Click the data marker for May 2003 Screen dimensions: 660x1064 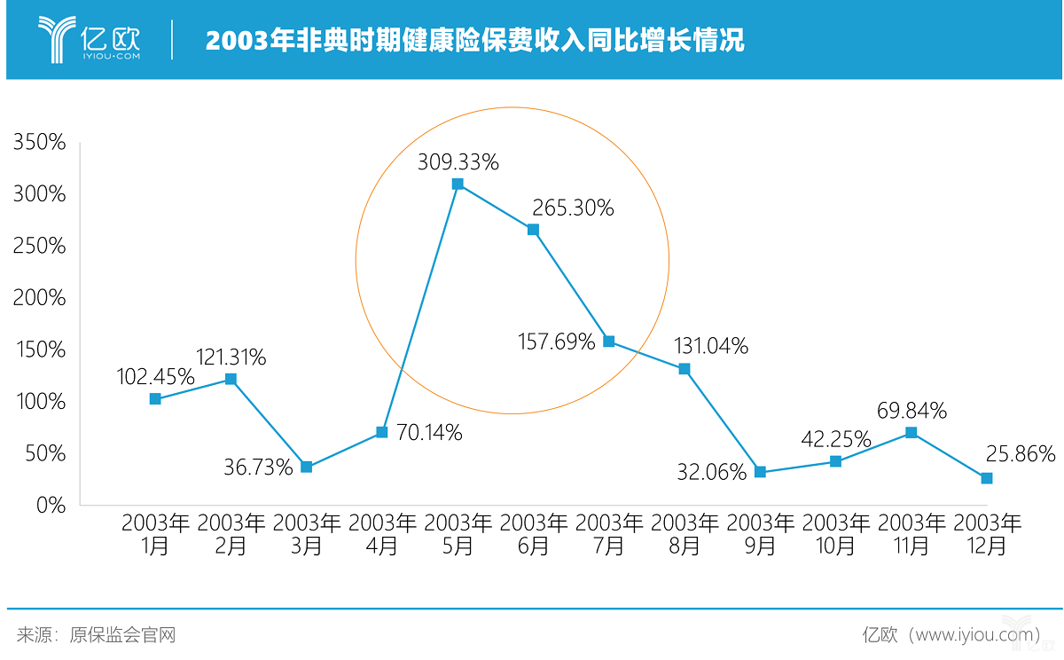(458, 185)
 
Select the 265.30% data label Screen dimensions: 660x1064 (573, 208)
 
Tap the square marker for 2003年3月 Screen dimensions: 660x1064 (306, 467)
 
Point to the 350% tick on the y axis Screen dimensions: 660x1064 (39, 142)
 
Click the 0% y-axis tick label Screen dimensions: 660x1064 (50, 505)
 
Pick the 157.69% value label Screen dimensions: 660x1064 (556, 341)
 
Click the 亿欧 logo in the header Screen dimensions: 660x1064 (89, 38)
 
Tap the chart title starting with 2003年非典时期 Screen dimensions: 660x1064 (474, 41)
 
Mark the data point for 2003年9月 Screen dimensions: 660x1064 (760, 472)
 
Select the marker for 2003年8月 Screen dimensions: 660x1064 (685, 369)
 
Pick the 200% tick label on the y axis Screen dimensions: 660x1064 (39, 297)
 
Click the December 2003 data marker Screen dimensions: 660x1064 (987, 478)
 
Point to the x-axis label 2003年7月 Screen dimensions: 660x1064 (609, 534)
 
